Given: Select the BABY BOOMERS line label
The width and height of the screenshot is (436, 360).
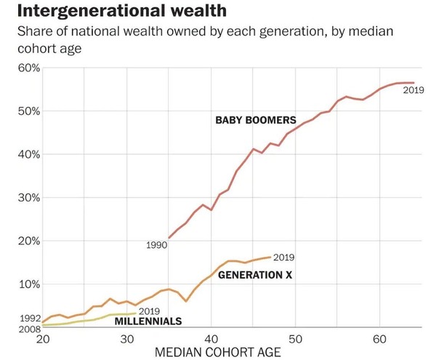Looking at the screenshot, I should point(255,119).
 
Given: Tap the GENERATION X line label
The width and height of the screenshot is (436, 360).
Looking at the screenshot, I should point(255,275).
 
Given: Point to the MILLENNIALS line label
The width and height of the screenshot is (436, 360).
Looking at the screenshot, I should point(148,321).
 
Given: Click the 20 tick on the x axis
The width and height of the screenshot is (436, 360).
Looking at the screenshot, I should point(42,339).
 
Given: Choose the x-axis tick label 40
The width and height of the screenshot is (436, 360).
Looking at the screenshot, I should point(211,339).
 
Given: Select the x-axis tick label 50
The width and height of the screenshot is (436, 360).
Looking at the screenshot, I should point(295,339).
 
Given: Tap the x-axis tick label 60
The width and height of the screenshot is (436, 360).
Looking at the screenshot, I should point(379,339).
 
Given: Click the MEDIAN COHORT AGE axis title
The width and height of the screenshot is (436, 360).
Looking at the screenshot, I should point(217,352).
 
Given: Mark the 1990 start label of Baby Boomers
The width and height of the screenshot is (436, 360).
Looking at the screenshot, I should point(156,245).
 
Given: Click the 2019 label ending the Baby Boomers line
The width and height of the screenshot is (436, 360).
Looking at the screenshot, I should point(413,90).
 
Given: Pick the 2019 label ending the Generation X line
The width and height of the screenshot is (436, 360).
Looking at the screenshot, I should point(284,257).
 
